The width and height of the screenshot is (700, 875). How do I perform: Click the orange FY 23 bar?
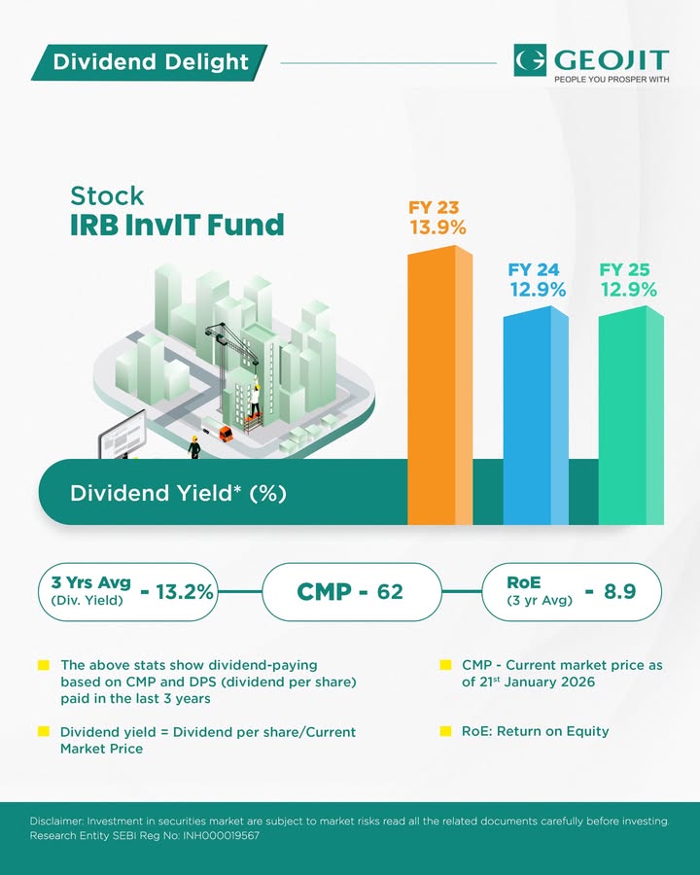tap(438, 389)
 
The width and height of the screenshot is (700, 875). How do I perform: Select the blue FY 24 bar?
tap(535, 418)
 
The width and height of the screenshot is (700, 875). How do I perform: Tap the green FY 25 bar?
tap(630, 418)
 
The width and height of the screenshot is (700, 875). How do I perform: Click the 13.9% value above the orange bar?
tap(437, 227)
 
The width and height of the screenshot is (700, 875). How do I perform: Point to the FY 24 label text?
tap(534, 269)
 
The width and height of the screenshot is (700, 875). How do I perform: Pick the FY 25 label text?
tap(625, 269)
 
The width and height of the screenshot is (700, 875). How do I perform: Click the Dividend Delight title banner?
tap(151, 62)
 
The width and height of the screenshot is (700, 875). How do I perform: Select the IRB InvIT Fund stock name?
tap(177, 226)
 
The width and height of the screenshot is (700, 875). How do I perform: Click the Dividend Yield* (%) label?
tap(178, 493)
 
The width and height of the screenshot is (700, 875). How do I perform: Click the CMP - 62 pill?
tap(351, 591)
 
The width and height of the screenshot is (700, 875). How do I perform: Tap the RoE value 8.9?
tap(619, 591)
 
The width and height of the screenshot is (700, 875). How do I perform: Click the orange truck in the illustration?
tap(226, 433)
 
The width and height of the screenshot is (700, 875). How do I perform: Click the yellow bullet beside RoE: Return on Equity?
tap(445, 731)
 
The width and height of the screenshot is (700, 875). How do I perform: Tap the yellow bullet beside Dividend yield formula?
tap(44, 731)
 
